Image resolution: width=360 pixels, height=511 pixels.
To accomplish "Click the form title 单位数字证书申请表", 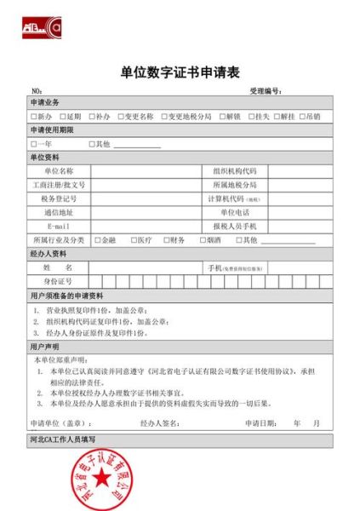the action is point(180,72).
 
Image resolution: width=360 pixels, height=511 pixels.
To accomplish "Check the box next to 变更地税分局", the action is point(163,116).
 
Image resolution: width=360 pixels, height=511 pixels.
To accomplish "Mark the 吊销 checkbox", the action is point(303,116).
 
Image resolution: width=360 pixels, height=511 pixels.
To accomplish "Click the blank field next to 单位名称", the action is point(144,171).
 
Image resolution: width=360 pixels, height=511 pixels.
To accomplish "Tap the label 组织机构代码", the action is point(234,171).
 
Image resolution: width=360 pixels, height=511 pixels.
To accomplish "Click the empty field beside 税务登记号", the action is point(144,198).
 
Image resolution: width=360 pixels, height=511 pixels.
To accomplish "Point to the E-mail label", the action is point(58,226).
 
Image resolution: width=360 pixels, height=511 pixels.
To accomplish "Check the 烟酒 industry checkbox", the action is point(201,240).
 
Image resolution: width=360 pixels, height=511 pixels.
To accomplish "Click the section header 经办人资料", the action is point(49,254).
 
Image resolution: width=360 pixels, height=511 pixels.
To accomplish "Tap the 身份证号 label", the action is point(58,281).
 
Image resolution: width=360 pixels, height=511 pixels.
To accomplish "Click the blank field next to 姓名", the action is point(144,267).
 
